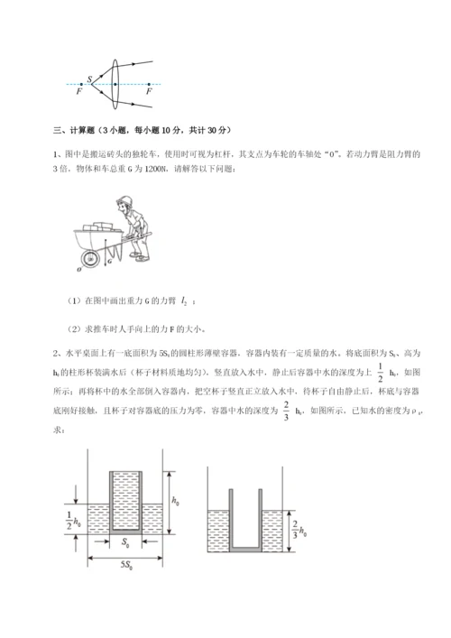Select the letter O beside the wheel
click(x=80, y=267)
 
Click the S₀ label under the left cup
click(x=124, y=544)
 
